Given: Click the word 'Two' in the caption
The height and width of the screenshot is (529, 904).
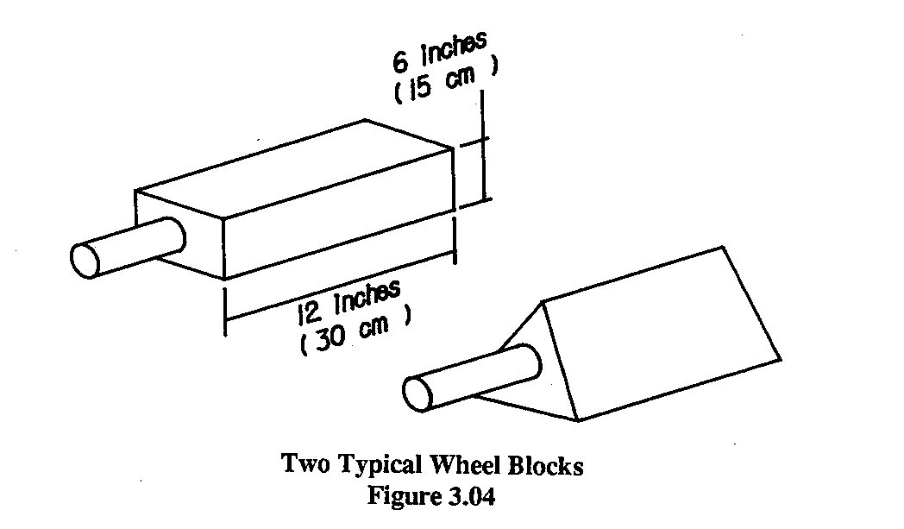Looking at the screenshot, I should tap(302, 465).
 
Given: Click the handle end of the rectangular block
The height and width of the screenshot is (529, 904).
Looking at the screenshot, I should tap(88, 257).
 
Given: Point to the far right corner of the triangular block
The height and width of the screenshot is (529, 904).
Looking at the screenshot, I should tap(782, 357).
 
